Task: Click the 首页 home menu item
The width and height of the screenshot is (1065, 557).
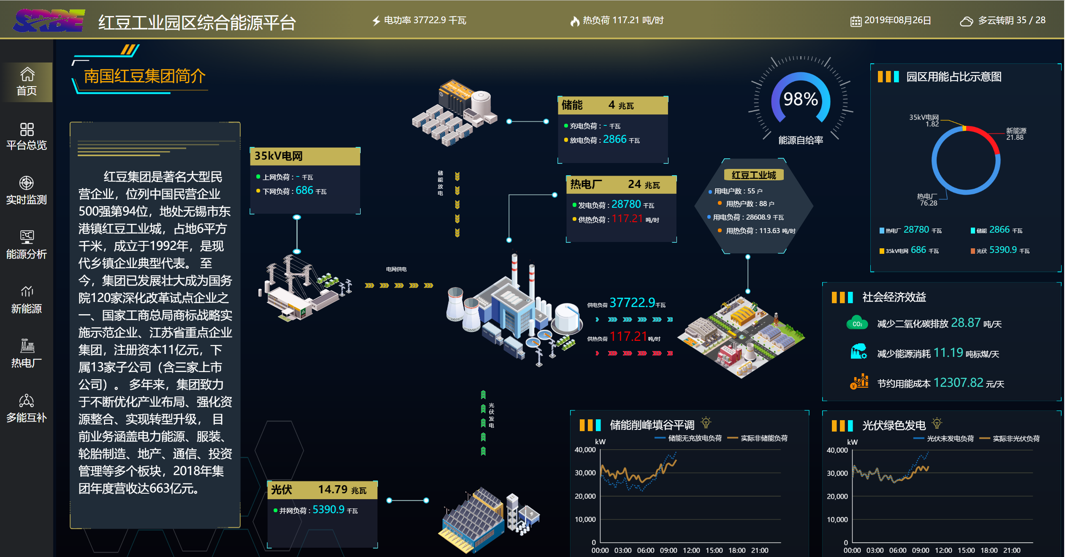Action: (27, 82)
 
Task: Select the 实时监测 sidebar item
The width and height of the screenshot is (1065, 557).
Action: (27, 190)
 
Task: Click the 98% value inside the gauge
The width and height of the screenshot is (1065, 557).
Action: (800, 99)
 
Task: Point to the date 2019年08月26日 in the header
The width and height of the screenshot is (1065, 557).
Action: (897, 20)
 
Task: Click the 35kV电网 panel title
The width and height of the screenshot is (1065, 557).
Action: (279, 156)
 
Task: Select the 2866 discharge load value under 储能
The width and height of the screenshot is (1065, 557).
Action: (615, 139)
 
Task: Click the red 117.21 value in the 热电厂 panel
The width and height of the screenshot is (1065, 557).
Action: (627, 219)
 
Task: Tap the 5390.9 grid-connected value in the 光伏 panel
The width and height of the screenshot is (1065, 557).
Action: (329, 510)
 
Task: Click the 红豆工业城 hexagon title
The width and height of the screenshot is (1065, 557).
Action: (754, 175)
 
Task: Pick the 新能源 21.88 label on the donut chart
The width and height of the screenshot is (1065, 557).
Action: (1016, 134)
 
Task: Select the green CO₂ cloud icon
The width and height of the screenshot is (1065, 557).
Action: (857, 323)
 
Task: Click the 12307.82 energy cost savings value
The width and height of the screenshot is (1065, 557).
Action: (959, 383)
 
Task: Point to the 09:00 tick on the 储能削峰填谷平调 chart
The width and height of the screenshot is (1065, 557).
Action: (668, 550)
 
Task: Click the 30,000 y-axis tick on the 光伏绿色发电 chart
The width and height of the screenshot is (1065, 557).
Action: (837, 473)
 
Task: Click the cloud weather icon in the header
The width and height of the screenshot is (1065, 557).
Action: (966, 21)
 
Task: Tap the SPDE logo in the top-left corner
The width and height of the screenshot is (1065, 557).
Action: (49, 20)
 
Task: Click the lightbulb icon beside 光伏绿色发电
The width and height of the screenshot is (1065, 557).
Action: (937, 423)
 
